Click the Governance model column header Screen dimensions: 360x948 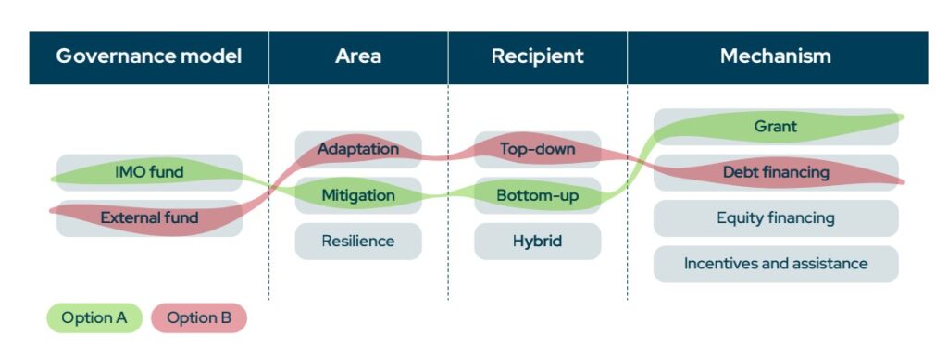click(x=149, y=56)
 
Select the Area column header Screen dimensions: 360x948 click(x=358, y=56)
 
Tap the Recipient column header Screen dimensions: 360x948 click(x=537, y=56)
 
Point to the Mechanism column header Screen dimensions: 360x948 click(x=776, y=56)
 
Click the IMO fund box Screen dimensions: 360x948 click(x=149, y=172)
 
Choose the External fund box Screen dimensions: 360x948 click(x=149, y=218)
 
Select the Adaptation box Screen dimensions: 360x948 click(x=358, y=149)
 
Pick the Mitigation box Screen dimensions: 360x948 click(x=358, y=195)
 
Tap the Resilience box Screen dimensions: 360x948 click(x=358, y=242)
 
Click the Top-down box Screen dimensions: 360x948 click(x=537, y=149)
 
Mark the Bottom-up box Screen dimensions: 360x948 click(x=537, y=195)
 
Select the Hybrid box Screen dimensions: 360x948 click(x=537, y=242)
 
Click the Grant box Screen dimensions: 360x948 click(x=776, y=127)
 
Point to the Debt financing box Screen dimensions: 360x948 click(x=776, y=172)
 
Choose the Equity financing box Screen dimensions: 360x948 click(x=776, y=218)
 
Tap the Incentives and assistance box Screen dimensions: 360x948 click(x=776, y=264)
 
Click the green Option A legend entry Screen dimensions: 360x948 click(x=94, y=318)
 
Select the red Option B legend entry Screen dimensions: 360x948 click(x=199, y=318)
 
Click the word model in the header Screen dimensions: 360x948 click(x=208, y=56)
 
